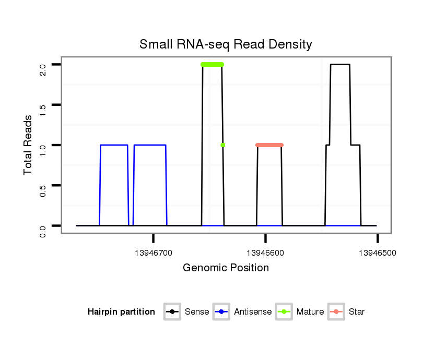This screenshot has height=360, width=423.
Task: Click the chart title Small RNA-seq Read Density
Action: [x=226, y=44]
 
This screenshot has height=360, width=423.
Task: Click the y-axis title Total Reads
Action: [x=29, y=145]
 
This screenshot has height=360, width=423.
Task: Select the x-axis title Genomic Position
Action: [x=226, y=268]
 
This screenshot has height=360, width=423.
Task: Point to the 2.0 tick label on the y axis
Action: [x=43, y=69]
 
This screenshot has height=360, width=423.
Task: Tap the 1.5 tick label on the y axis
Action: [x=43, y=110]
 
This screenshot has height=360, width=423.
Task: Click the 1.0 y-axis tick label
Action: [x=43, y=150]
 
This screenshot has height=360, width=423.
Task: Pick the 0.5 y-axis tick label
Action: [x=43, y=190]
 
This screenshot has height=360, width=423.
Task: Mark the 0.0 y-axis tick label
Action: [x=43, y=230]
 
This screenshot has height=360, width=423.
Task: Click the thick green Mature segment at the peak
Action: [x=212, y=64]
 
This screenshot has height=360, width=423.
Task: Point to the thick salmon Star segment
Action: [x=269, y=145]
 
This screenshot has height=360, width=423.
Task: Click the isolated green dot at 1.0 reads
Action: [x=223, y=145]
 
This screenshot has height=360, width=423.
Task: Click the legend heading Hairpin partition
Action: [x=121, y=312]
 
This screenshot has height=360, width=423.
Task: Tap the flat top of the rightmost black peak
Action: [x=340, y=64]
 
